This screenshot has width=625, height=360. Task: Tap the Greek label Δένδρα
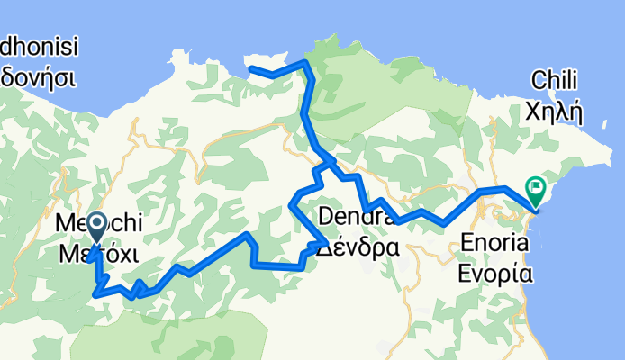[x=358, y=246]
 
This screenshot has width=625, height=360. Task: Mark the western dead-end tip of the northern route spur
[x=249, y=68]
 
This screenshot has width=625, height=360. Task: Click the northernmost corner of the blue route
[x=305, y=62]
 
